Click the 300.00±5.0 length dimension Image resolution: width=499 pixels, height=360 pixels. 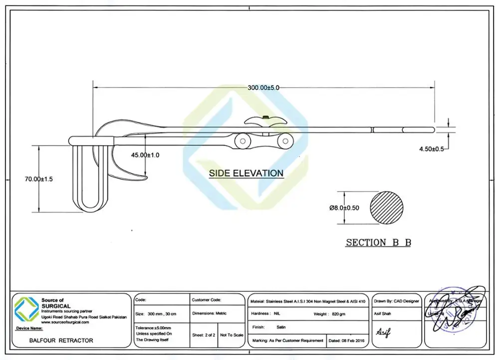point(263,87)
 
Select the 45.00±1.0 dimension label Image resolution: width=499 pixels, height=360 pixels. point(145,155)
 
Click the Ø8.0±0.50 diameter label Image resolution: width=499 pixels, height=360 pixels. point(344,208)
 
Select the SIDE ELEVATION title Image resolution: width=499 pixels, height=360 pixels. point(246,174)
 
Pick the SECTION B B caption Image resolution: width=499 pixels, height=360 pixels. point(378,243)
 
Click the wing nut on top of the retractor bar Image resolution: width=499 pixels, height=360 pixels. point(266,120)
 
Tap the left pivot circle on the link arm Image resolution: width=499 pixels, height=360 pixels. point(242,142)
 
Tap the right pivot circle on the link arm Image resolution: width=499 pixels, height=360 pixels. point(285,142)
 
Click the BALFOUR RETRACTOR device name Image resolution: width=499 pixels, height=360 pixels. point(54,341)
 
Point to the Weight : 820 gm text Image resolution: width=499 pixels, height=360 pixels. point(329,314)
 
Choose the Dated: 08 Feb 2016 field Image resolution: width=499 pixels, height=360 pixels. point(347,341)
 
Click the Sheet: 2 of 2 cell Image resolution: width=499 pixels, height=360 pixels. point(204,335)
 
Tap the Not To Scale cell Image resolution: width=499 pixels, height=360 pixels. point(232,335)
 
